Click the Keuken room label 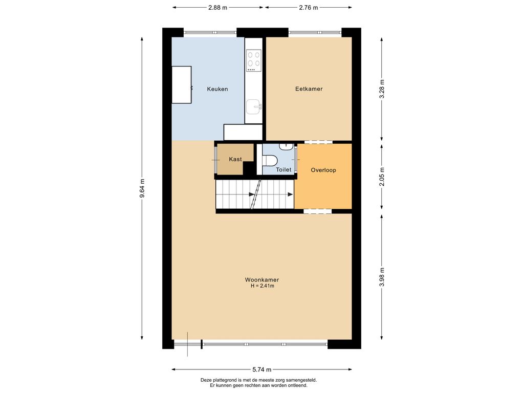click(217, 89)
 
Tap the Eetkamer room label click(309, 89)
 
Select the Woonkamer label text click(261, 280)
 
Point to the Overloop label click(323, 170)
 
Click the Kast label click(235, 160)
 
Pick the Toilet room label click(283, 170)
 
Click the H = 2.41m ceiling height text click(263, 286)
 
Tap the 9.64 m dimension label click(142, 188)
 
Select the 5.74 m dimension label click(261, 369)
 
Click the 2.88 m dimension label click(217, 7)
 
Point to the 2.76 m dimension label click(308, 7)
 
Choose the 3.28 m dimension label click(382, 89)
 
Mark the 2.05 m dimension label click(382, 177)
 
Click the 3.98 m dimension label click(382, 277)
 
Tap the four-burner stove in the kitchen click(254, 60)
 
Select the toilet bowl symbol click(269, 160)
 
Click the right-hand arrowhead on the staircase click(291, 194)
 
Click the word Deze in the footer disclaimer click(206, 380)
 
